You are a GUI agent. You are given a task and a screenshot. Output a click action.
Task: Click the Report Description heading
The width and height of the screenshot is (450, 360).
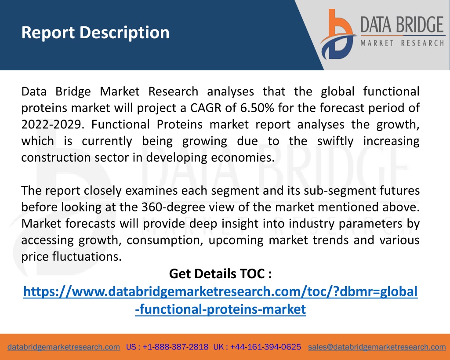coord(95,33)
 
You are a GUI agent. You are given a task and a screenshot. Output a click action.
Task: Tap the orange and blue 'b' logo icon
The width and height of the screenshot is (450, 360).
coord(338,34)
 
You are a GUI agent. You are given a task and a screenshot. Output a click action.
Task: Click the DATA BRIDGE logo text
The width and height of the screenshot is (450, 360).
coord(402,25)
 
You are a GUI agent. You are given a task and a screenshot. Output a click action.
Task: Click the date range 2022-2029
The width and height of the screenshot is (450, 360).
coord(53,124)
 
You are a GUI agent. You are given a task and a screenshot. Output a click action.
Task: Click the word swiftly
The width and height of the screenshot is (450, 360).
coord(335,141)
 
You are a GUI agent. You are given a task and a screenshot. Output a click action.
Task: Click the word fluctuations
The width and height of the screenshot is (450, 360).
coord(87,256)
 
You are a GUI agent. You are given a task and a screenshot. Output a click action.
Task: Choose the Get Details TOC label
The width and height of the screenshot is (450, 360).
coord(221,273)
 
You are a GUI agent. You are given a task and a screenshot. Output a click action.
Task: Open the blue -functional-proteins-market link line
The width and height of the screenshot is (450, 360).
coord(221,309)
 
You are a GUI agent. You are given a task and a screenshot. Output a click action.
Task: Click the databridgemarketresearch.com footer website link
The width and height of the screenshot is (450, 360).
coord(64,347)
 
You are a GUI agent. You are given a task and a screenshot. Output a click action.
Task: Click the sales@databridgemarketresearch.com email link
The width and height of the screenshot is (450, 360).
coord(377,347)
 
